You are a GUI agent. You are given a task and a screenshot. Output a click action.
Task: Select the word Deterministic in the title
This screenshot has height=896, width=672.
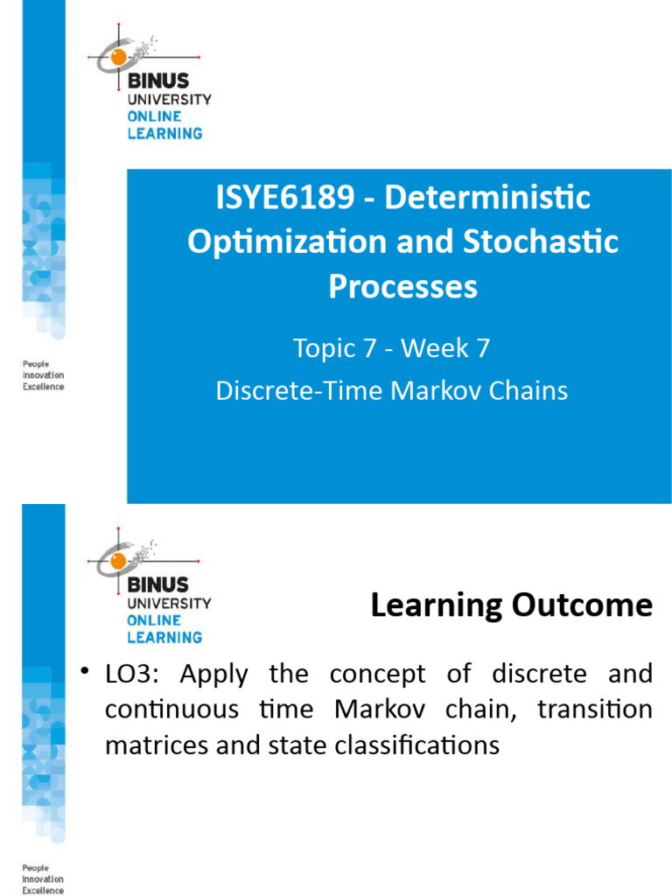coord(487,198)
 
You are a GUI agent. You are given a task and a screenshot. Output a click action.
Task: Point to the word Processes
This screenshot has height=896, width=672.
coord(403,287)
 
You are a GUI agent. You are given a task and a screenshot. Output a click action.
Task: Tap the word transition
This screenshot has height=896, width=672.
coord(595,710)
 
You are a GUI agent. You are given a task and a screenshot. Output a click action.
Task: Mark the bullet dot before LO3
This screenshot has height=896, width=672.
coord(85,672)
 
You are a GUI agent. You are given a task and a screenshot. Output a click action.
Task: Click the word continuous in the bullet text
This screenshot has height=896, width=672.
coord(171,710)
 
